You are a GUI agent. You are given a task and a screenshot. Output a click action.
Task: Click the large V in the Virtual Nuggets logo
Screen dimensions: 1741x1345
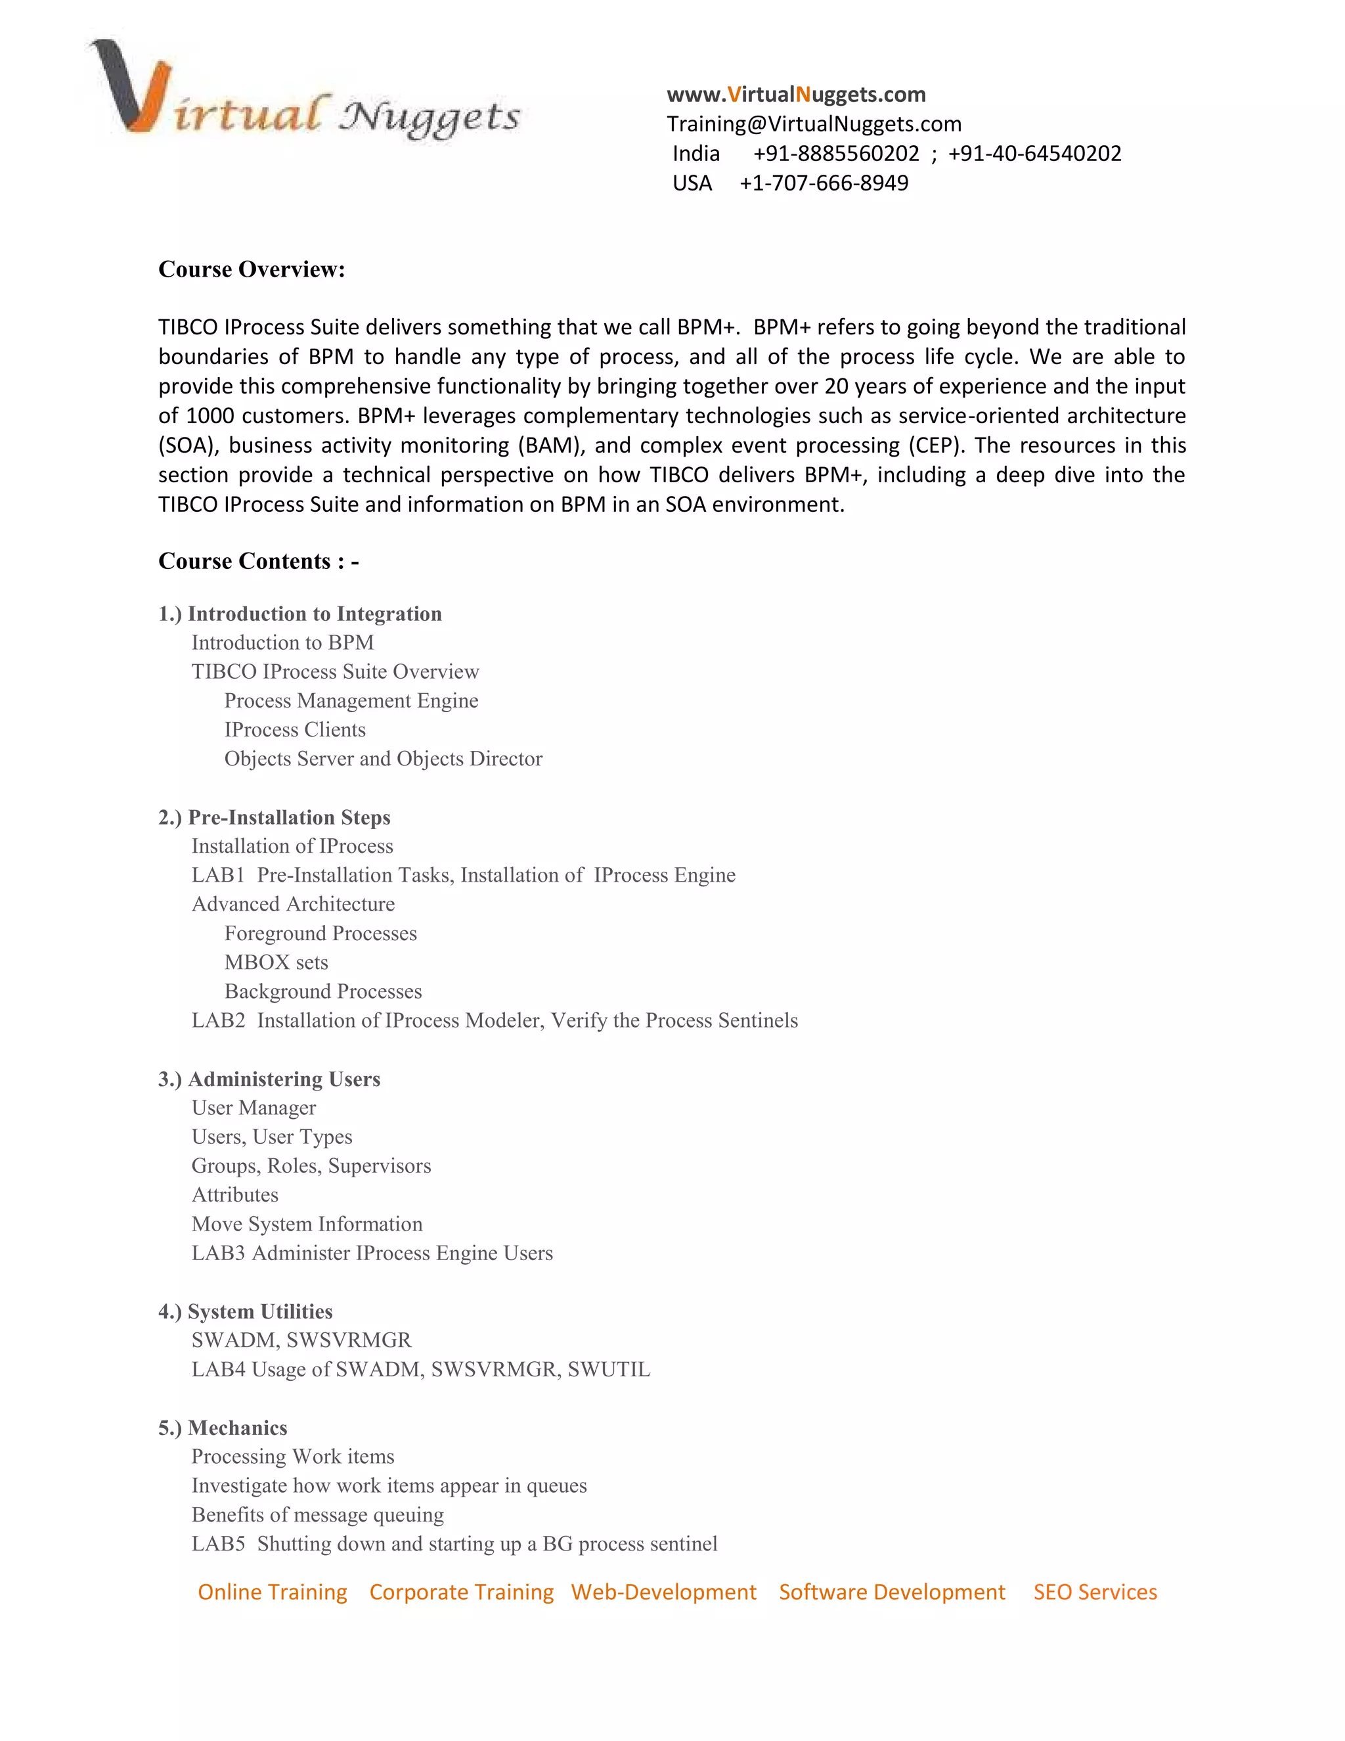[131, 87]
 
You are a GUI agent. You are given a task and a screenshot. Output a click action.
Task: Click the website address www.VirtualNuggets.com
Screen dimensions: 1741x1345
[795, 95]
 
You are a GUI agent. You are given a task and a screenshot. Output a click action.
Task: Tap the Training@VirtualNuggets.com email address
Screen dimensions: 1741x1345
[814, 124]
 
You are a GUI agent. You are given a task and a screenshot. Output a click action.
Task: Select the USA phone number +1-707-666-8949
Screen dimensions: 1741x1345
[823, 183]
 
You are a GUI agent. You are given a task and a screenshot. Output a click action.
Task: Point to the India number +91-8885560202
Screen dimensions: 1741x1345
[835, 154]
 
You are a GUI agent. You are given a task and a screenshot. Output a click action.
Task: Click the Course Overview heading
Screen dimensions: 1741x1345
[251, 269]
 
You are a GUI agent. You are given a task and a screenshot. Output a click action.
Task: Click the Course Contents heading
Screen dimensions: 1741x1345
[258, 561]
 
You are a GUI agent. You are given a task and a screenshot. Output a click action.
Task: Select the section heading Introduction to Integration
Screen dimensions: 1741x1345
[314, 614]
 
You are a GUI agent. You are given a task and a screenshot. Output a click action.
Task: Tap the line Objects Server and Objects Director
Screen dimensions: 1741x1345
[382, 759]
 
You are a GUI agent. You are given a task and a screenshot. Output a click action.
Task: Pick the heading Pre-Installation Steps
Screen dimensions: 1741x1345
[288, 818]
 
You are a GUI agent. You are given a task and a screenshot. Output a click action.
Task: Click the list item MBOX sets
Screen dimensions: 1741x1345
[276, 963]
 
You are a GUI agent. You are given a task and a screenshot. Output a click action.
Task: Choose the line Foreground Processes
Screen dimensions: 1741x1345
[320, 934]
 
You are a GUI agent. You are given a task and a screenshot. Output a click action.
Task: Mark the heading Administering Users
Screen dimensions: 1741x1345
[284, 1079]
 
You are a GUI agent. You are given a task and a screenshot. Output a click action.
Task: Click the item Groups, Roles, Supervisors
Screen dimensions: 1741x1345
[311, 1166]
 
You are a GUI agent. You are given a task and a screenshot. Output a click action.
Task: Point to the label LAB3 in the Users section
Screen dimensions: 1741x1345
[217, 1253]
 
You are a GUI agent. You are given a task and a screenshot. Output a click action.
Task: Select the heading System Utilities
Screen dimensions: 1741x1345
[260, 1311]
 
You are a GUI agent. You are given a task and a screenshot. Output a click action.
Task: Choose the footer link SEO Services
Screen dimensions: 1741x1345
[1094, 1592]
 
